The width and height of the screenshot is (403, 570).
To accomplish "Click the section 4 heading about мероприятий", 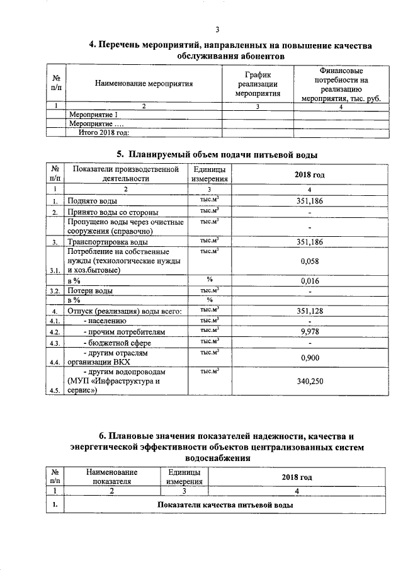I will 230,50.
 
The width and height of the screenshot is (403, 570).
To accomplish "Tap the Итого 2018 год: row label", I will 103,132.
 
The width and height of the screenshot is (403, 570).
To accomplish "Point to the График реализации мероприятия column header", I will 258,83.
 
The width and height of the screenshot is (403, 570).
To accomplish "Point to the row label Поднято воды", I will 92,201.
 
